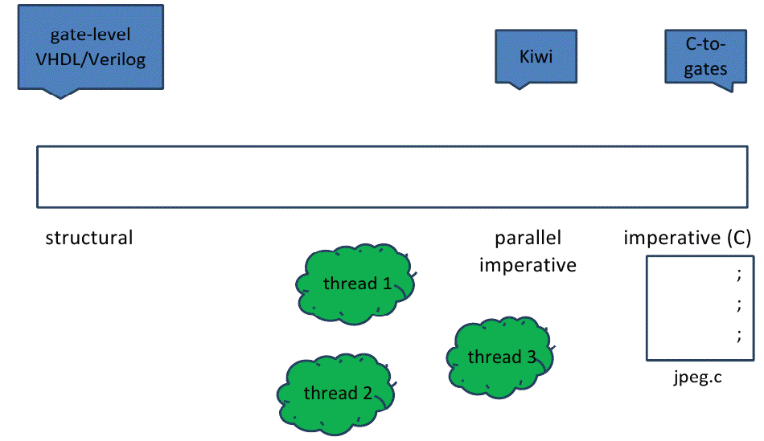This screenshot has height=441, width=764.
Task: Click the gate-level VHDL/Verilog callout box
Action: click(x=90, y=47)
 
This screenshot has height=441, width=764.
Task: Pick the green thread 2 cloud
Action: click(x=336, y=393)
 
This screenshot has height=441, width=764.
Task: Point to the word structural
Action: click(x=88, y=238)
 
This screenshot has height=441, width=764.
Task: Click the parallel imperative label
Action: click(x=528, y=251)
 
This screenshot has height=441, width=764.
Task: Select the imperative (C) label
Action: click(x=687, y=238)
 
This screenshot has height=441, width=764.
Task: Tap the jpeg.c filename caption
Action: click(x=697, y=377)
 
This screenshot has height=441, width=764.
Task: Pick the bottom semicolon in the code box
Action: click(x=738, y=335)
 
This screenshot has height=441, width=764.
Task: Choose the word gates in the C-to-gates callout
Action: click(x=705, y=69)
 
